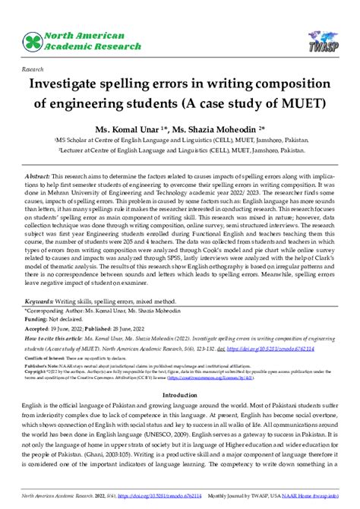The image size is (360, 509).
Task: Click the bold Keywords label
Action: click(x=43, y=322)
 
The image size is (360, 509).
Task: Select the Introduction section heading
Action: click(x=179, y=416)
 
